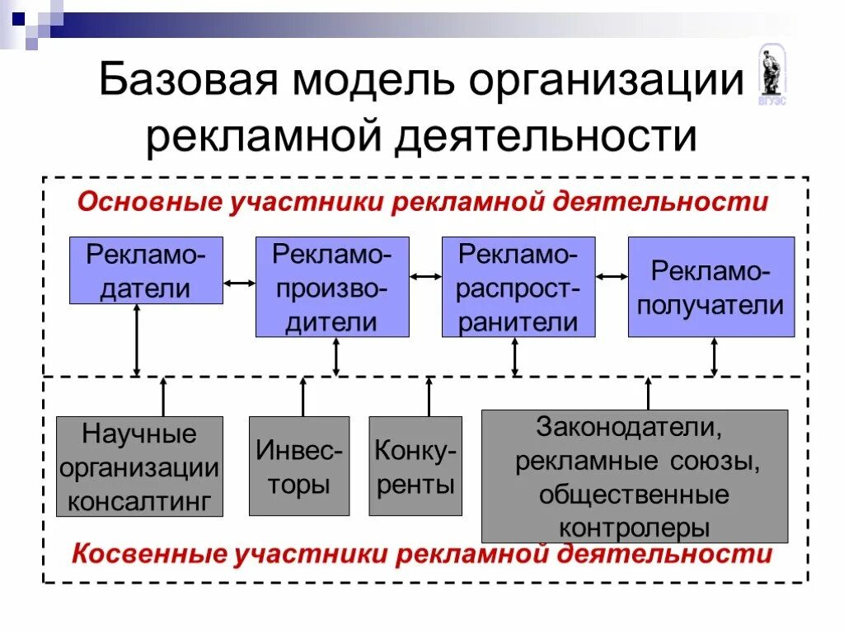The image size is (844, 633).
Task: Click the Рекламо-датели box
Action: (x=145, y=270)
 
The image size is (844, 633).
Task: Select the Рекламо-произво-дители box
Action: (x=332, y=287)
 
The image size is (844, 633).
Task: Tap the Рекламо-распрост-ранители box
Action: (x=518, y=287)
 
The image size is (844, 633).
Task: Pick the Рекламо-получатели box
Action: (x=711, y=287)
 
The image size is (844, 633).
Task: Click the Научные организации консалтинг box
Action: (x=139, y=467)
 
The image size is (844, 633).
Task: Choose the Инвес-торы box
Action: (x=299, y=467)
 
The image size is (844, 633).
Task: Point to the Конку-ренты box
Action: (x=415, y=467)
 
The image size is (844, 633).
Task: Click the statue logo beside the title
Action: (x=771, y=74)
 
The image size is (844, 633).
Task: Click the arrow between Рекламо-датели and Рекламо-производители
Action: (x=239, y=284)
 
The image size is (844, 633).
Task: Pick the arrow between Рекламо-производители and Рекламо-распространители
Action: (x=425, y=278)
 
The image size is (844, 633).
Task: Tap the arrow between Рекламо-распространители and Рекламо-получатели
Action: (x=612, y=278)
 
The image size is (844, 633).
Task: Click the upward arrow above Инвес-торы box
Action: (x=303, y=396)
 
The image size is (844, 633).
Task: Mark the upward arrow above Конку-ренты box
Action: (x=429, y=396)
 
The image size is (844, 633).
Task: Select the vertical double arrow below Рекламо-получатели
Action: (x=714, y=357)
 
